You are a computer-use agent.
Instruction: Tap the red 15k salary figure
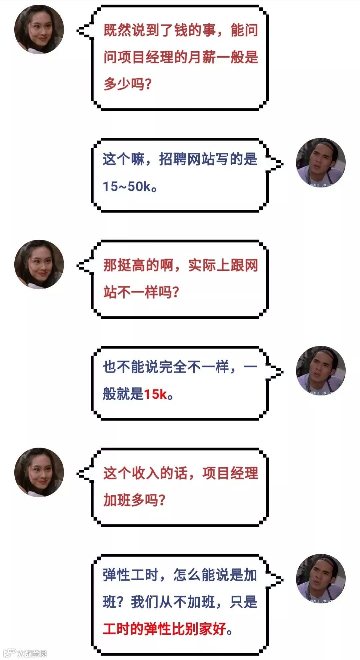click(155, 395)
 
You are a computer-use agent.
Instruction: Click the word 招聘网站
click(187, 159)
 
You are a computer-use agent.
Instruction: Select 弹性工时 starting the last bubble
click(130, 575)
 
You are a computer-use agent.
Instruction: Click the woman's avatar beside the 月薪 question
click(39, 29)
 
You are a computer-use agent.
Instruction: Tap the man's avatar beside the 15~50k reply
click(321, 163)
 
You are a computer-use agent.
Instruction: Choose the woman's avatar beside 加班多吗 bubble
click(39, 472)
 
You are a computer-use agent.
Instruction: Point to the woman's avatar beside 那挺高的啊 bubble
click(39, 264)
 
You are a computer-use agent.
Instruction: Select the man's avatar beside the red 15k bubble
click(321, 371)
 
